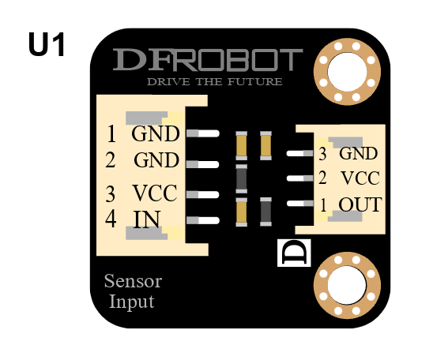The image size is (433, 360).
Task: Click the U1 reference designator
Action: click(47, 44)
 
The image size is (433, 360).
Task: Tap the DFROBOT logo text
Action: click(208, 59)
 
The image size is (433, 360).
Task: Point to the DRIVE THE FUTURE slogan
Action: click(215, 81)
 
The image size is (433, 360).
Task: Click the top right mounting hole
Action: click(347, 72)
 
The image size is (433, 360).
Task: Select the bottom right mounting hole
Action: click(347, 286)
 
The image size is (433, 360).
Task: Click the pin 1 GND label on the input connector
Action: click(156, 133)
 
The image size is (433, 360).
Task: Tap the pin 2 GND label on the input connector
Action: click(156, 160)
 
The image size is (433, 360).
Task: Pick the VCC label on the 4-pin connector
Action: click(155, 193)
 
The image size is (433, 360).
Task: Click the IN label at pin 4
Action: click(147, 219)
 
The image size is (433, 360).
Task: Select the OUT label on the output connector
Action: click(360, 204)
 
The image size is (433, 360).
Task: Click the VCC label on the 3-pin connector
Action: click(360, 178)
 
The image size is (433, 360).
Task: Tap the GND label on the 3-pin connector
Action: click(359, 153)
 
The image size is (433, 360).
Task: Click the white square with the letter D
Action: click(294, 253)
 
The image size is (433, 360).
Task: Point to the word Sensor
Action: click(133, 281)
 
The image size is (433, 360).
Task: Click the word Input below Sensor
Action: click(132, 302)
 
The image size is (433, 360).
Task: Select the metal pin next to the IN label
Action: click(203, 220)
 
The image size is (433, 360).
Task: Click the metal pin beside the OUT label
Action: click(300, 204)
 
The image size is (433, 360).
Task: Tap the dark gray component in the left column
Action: click(242, 179)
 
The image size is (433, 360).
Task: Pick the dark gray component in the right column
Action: click(266, 212)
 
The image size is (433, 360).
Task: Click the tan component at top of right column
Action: click(266, 145)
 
